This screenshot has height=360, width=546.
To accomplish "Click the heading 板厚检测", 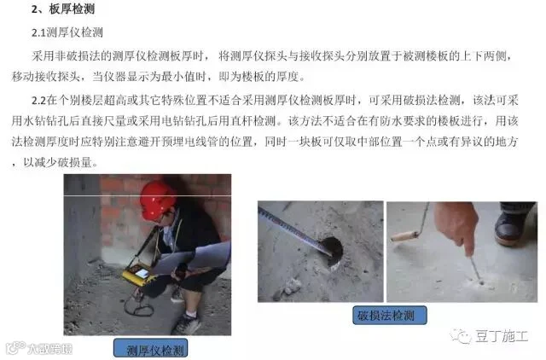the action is click(x=72, y=9).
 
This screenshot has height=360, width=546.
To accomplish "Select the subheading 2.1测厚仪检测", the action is click(x=67, y=32).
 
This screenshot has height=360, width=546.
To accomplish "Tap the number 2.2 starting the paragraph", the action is click(x=38, y=101).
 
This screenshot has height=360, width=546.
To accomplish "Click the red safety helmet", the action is click(x=157, y=200).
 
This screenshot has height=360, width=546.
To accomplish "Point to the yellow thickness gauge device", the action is click(x=139, y=274).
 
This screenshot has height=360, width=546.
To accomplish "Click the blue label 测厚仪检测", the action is click(x=151, y=349).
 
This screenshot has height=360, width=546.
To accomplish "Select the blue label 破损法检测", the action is click(x=390, y=315).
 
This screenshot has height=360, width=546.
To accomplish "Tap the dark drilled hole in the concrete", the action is click(x=333, y=251).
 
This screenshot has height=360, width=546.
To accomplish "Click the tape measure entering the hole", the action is click(x=294, y=229).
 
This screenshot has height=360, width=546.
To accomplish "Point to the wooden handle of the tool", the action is click(x=404, y=236).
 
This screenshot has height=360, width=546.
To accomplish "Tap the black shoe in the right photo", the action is click(x=510, y=226).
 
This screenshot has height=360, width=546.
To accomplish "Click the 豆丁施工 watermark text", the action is click(x=502, y=336).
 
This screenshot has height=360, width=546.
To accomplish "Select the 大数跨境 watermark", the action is click(x=49, y=348).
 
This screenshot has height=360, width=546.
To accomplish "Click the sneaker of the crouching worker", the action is click(x=186, y=324).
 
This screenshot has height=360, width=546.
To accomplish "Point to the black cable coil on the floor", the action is click(x=139, y=305).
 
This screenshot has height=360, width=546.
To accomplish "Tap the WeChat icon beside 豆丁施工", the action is click(x=461, y=335).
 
